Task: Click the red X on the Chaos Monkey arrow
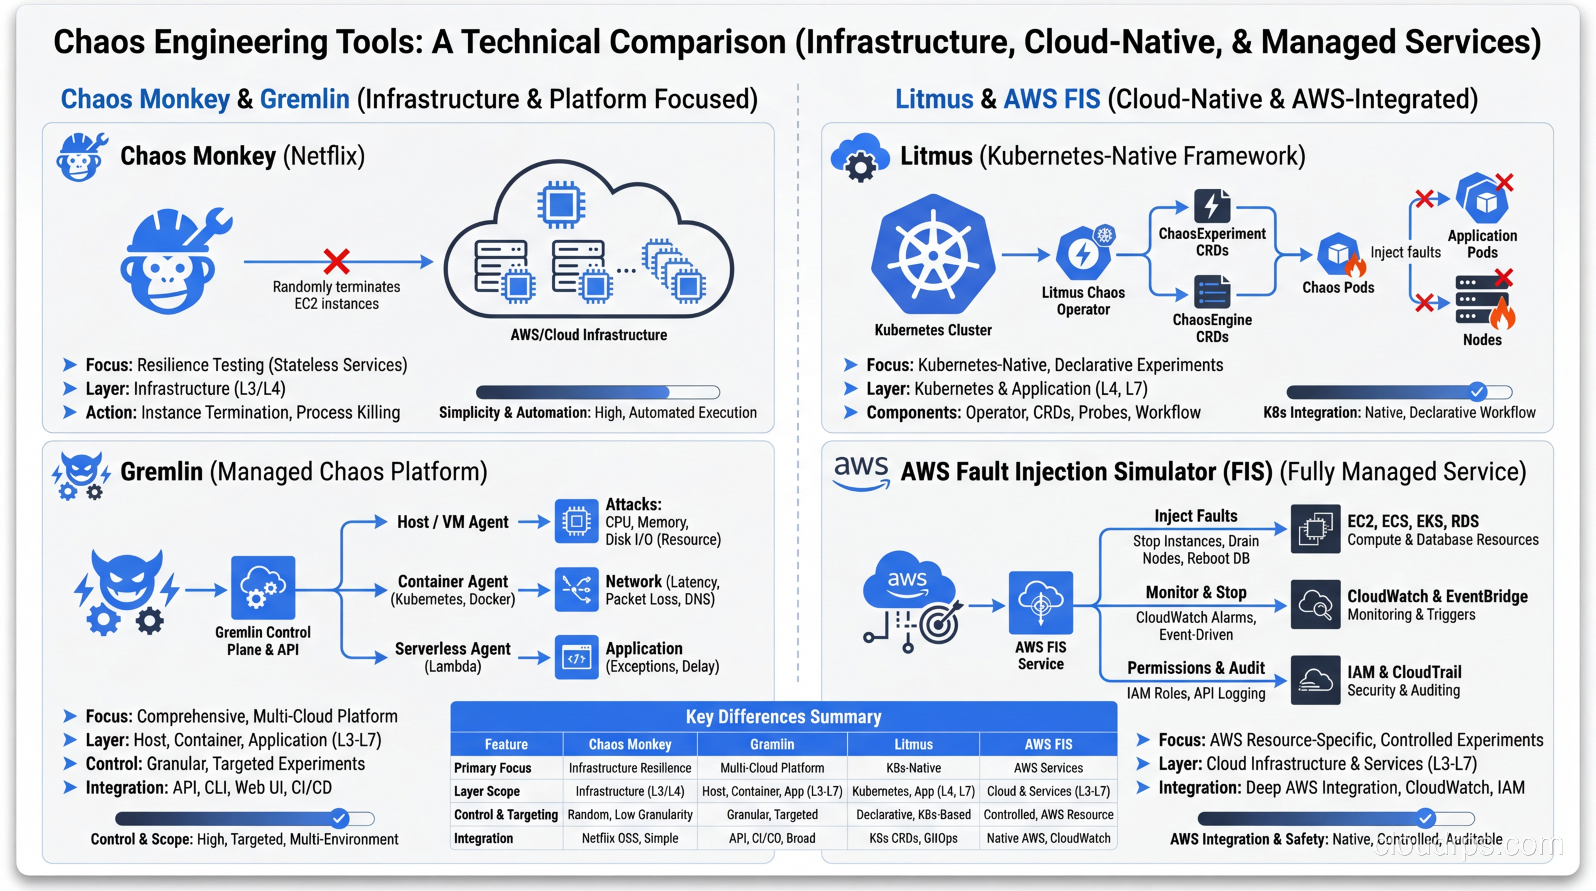click(x=336, y=262)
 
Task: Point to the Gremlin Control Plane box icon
click(x=263, y=588)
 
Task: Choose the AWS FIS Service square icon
click(x=1040, y=602)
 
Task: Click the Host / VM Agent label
click(x=452, y=522)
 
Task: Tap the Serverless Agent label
click(x=452, y=649)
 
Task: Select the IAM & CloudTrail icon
click(x=1315, y=680)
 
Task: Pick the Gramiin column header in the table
click(x=771, y=744)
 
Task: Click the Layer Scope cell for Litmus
click(x=913, y=791)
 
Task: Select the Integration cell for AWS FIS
click(x=1048, y=838)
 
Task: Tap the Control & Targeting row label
click(x=506, y=815)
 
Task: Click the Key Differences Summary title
click(x=783, y=717)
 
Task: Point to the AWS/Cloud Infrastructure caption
click(x=588, y=335)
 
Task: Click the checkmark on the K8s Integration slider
click(x=1477, y=392)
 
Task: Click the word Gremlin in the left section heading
click(x=304, y=99)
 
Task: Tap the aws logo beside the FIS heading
click(x=861, y=472)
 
